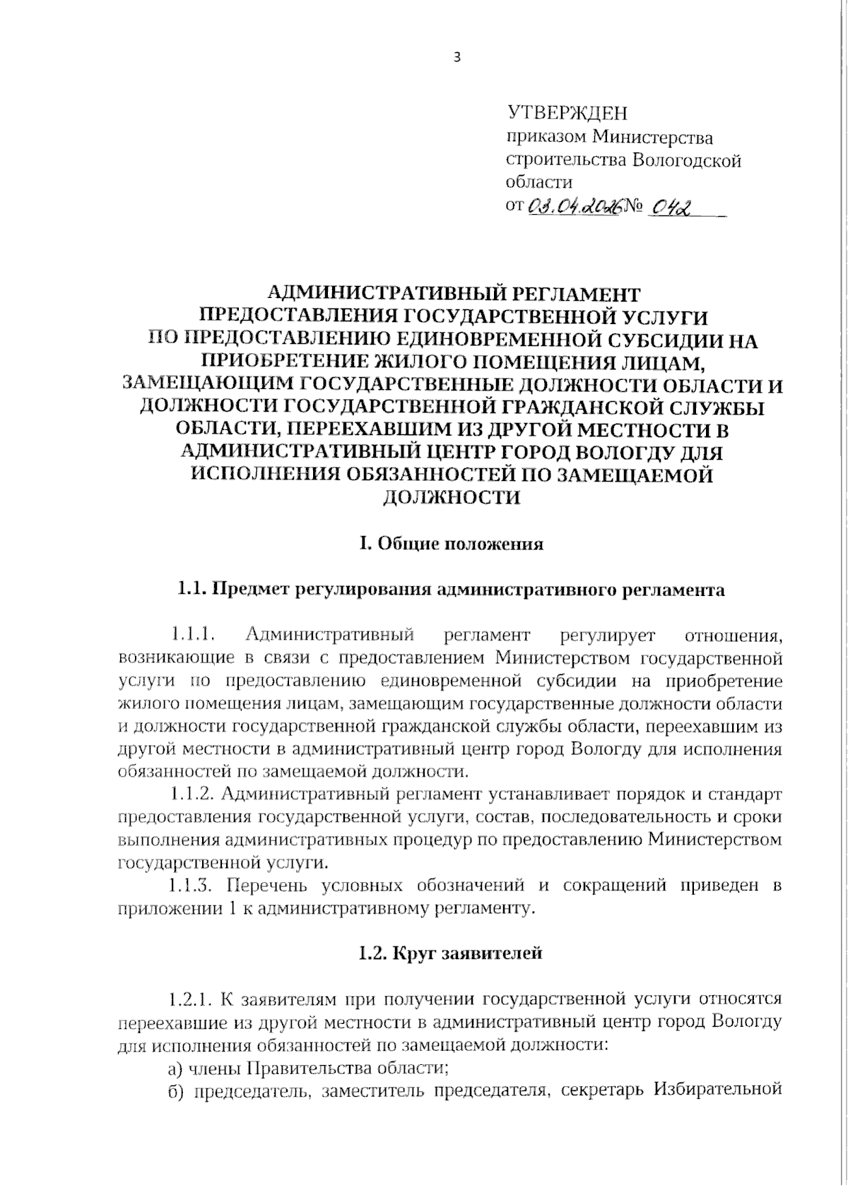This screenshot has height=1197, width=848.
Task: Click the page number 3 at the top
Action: coord(457,58)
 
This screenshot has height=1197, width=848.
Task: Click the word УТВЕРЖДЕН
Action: coord(567,113)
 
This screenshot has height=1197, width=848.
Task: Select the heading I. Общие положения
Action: coord(452,544)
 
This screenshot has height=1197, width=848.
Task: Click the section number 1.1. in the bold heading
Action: coord(192,590)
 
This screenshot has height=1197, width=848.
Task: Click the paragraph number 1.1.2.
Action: coord(192,794)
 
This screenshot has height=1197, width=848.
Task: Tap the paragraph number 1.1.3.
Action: coord(192,886)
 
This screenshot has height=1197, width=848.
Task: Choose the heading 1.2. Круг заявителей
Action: coord(450,954)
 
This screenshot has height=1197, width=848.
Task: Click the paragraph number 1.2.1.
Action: coord(192,1000)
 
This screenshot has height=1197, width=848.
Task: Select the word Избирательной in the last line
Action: coord(718,1090)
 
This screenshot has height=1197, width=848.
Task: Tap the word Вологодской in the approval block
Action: coord(685,161)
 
